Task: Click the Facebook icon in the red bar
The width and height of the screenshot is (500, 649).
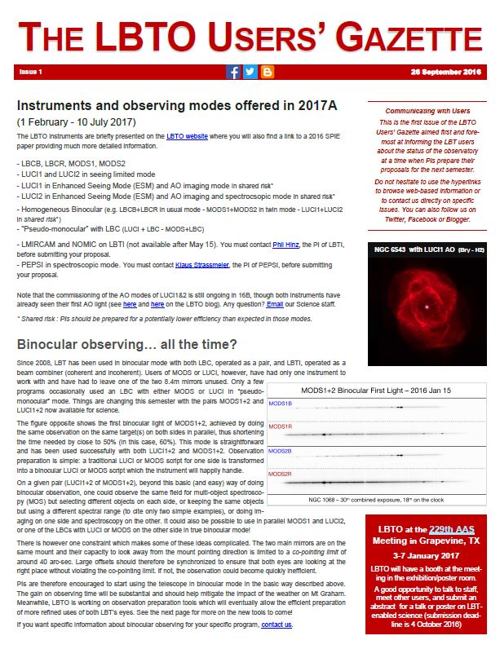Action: [233, 72]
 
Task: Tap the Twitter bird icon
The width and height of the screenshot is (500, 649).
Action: [250, 72]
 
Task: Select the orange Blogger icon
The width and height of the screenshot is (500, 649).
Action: [267, 72]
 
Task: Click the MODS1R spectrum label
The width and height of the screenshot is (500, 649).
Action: [280, 426]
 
